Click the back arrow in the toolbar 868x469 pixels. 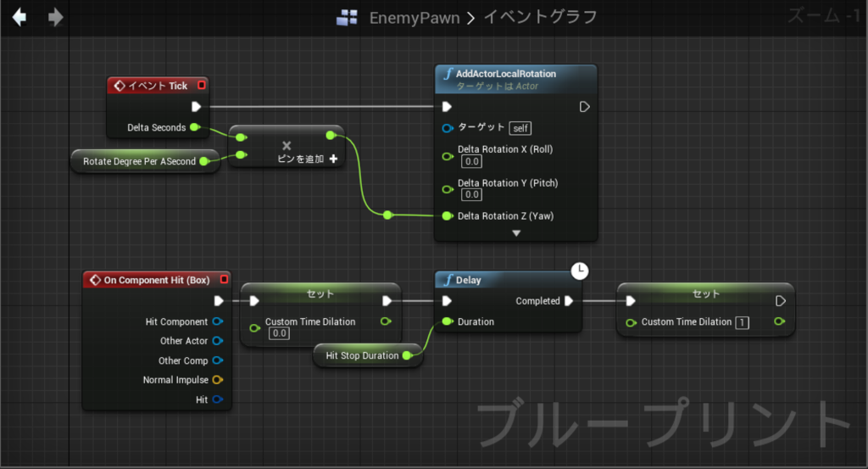(x=19, y=17)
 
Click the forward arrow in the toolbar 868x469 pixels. (x=55, y=17)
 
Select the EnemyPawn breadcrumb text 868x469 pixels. (x=414, y=19)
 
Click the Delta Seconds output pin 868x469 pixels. (x=195, y=127)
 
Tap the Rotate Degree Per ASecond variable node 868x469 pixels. (x=145, y=161)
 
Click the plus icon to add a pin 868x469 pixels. (x=333, y=159)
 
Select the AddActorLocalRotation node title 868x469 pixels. (x=505, y=74)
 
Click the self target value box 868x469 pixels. (x=520, y=128)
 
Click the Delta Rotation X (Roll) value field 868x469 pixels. (x=471, y=162)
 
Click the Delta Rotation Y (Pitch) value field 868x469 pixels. (x=471, y=194)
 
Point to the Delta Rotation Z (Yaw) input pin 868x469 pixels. (x=448, y=216)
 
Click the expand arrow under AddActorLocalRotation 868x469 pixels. (x=516, y=233)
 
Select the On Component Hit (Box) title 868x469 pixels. (x=157, y=280)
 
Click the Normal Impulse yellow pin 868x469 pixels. (x=218, y=380)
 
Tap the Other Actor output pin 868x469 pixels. (x=218, y=341)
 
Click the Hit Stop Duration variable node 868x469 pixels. (x=368, y=355)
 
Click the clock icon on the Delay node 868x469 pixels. (x=580, y=271)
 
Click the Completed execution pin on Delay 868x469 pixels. (x=569, y=301)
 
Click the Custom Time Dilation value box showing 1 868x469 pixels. (x=742, y=322)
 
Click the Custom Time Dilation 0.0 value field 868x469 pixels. (x=280, y=333)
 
